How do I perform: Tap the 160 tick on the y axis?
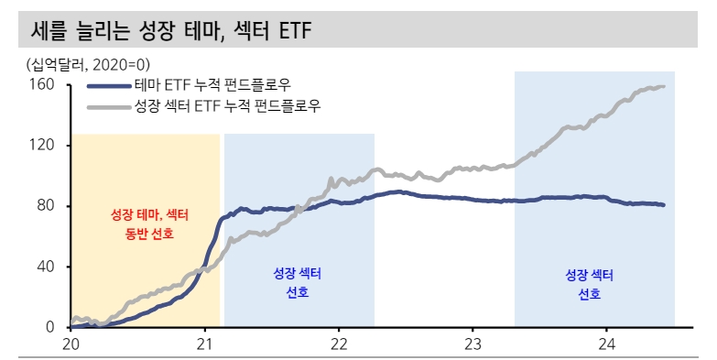coord(46,85)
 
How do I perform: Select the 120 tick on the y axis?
coord(46,146)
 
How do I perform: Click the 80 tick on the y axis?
coord(49,206)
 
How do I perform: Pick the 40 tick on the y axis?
coord(49,267)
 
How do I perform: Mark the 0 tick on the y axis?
coord(53,327)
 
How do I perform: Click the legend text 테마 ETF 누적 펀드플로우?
coord(212,85)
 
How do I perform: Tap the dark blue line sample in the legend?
coord(109,86)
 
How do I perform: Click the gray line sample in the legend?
coord(109,106)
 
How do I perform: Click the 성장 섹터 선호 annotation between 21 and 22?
coord(298,283)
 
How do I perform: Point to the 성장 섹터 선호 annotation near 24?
coord(590,283)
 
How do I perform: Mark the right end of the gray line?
coord(663,87)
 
